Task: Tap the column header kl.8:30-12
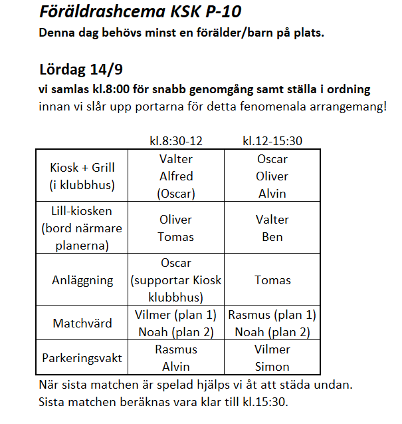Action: point(176,140)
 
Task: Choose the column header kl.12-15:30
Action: point(272,140)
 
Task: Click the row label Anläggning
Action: point(83,280)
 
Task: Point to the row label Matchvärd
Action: point(83,323)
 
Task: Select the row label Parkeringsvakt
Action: point(83,358)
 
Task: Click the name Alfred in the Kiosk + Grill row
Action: point(176,176)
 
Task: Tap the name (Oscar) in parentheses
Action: point(176,194)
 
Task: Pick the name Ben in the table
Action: point(272,237)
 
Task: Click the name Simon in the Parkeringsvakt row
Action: point(272,367)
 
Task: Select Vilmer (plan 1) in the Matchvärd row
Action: point(176,316)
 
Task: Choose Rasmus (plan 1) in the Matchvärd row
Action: point(272,316)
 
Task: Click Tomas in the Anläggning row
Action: point(272,280)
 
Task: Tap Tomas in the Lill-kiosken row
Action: point(176,237)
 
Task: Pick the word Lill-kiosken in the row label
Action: point(83,211)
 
